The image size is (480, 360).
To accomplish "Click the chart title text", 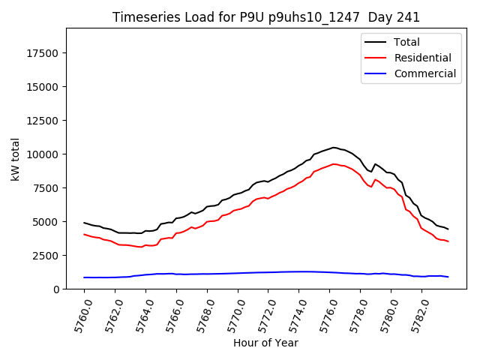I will point(266,17).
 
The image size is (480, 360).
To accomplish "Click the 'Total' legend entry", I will point(406,42).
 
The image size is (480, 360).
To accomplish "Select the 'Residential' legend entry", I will point(422,58).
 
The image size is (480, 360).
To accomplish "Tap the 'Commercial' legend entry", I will point(424,73).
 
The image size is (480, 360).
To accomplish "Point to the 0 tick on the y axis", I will point(58,289).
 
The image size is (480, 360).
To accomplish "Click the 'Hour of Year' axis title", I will point(266,343).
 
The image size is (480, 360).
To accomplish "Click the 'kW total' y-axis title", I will point(15,158).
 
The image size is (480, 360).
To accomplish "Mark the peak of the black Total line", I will point(334,148).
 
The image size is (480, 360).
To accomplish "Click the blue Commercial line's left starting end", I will point(85,277).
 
